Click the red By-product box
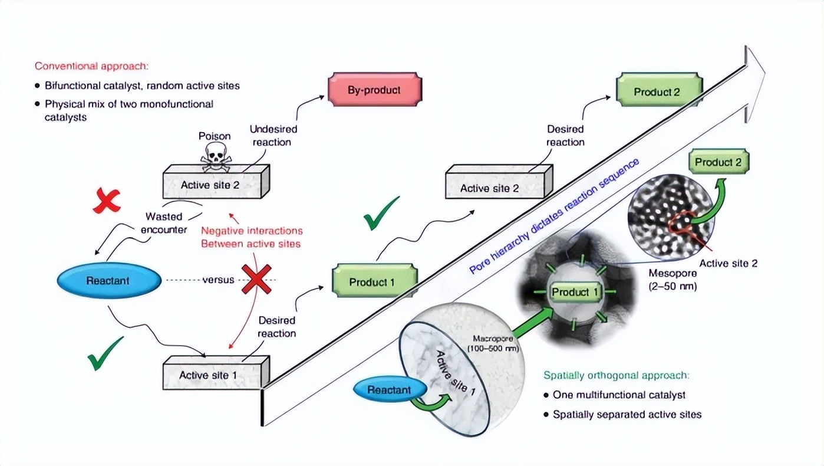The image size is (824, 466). click(x=374, y=90)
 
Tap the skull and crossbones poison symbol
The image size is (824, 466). click(x=215, y=154)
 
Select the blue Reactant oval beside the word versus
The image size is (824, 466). click(x=109, y=280)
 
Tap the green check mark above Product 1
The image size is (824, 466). click(x=381, y=214)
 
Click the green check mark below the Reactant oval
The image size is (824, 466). click(x=106, y=353)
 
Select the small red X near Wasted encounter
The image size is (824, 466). click(x=107, y=201)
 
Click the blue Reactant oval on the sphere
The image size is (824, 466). click(x=390, y=390)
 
